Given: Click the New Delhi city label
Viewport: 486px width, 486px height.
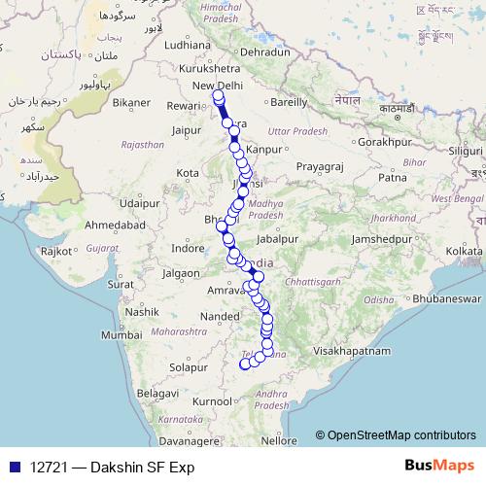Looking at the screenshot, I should [x=219, y=87].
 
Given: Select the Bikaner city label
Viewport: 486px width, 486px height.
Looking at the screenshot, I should [x=132, y=101].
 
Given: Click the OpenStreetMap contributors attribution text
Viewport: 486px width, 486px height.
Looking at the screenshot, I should [x=401, y=435].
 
